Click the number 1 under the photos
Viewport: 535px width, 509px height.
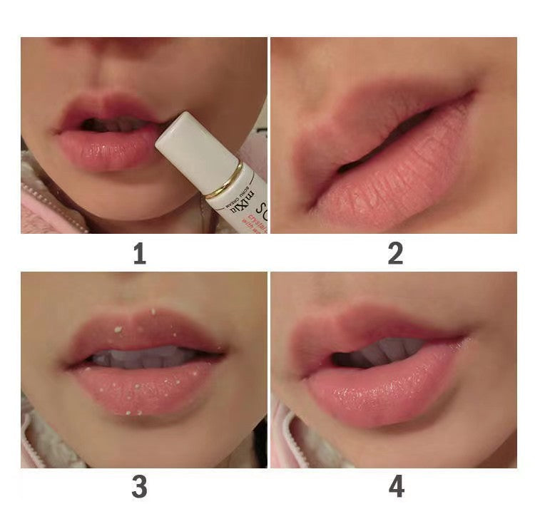(139, 253)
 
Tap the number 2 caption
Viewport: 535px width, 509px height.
(395, 253)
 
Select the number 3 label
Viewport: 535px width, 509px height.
(139, 487)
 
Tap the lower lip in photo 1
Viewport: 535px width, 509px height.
(107, 150)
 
